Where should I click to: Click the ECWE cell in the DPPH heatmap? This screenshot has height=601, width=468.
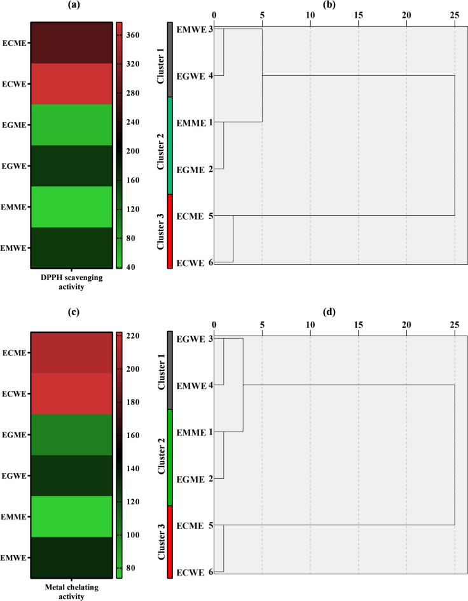[x=69, y=83]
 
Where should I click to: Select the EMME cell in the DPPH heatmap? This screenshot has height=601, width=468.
[x=69, y=206]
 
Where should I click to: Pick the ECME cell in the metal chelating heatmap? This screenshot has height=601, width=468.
[x=69, y=353]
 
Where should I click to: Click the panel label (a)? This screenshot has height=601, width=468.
[x=69, y=5]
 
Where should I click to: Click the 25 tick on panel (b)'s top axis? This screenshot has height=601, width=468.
[x=455, y=14]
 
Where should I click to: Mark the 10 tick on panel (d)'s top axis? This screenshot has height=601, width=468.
[x=310, y=323]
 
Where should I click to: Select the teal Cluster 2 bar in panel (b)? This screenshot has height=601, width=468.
[x=170, y=145]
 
